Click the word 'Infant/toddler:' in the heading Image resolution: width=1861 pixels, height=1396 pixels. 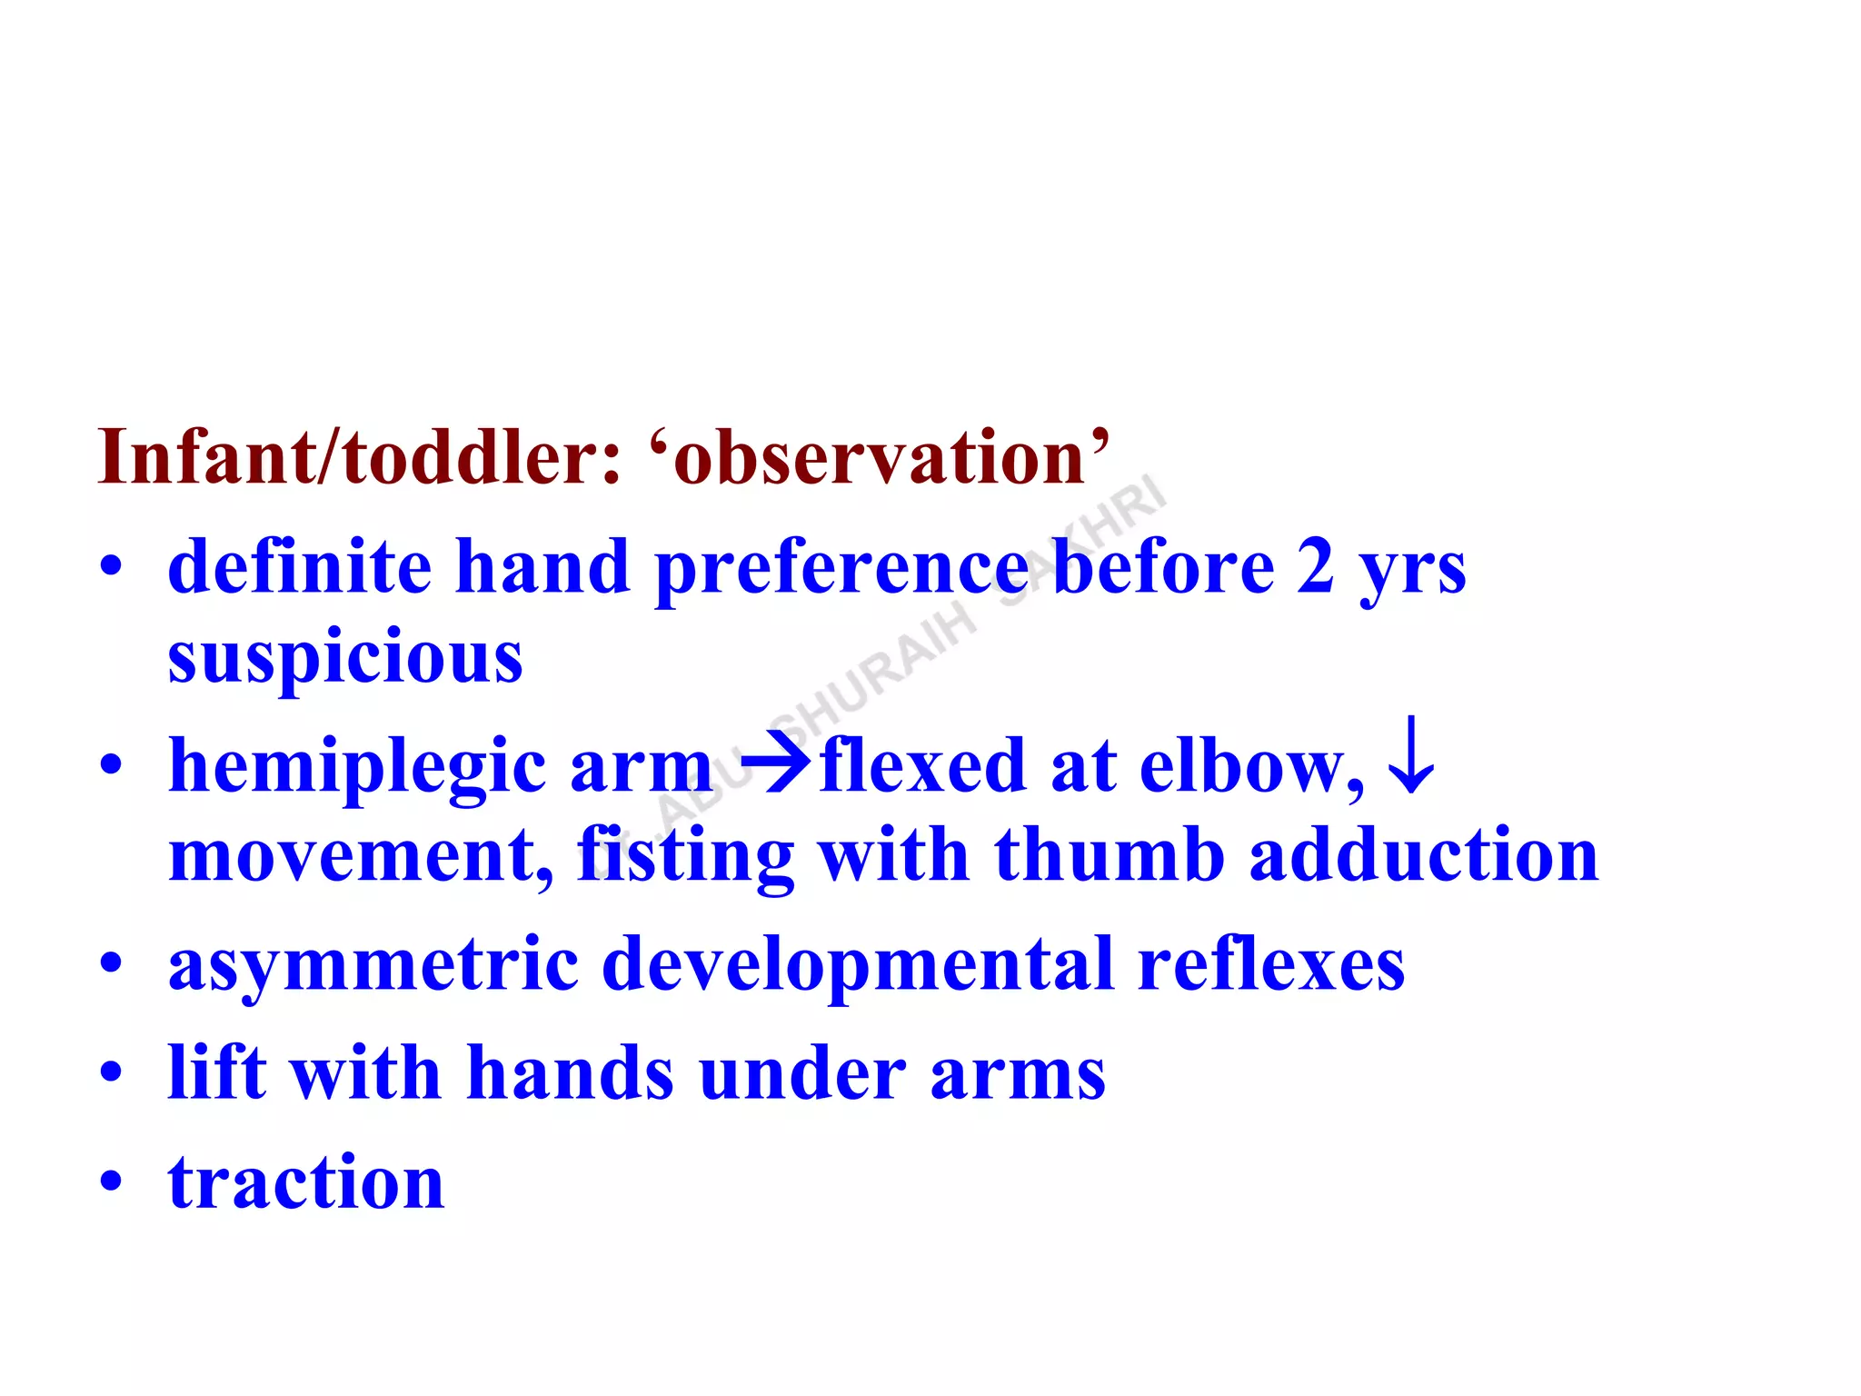[x=360, y=457]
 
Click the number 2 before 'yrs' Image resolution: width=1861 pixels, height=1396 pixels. [x=1315, y=567]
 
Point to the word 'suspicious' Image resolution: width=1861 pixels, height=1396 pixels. [x=345, y=657]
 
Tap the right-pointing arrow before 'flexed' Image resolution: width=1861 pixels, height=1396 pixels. [x=775, y=764]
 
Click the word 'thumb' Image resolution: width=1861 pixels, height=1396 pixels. [x=1110, y=854]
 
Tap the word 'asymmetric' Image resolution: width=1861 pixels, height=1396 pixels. [x=373, y=965]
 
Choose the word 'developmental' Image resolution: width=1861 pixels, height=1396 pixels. [x=858, y=965]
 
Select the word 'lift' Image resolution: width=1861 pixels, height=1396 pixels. [x=217, y=1072]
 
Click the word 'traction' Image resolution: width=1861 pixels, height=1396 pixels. [x=306, y=1183]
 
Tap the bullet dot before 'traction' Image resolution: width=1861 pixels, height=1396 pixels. [x=111, y=1182]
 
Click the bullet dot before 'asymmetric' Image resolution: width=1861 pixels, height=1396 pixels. [x=111, y=962]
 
